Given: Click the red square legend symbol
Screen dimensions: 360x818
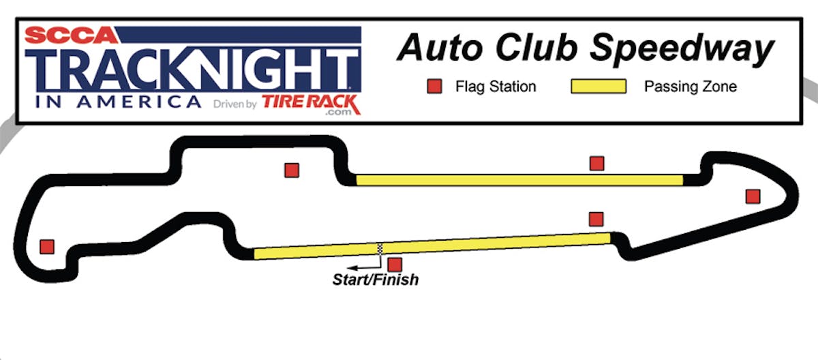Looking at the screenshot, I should (434, 87).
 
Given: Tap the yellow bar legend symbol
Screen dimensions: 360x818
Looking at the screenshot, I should (598, 87).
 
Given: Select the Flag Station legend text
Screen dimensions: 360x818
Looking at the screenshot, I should (496, 87).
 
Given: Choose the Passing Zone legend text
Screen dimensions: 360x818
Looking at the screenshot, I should (691, 87).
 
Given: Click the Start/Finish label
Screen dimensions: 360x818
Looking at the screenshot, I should (376, 279).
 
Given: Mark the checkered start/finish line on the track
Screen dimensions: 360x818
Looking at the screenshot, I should (380, 248).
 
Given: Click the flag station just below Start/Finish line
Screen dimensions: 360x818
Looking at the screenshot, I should (395, 264).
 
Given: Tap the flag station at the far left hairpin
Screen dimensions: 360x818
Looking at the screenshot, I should (47, 246).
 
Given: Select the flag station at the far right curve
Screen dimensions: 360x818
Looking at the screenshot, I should (753, 196).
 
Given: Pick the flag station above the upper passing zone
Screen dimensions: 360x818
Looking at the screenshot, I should (597, 163).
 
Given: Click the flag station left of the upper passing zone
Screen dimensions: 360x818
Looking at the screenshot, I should (292, 170).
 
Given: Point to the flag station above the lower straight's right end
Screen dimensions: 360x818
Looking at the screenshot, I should (596, 219).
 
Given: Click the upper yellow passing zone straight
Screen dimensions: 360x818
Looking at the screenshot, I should (518, 180).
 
